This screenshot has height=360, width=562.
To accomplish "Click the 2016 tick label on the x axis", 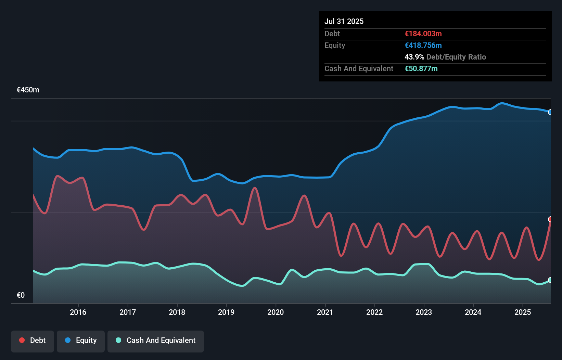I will coord(78,312).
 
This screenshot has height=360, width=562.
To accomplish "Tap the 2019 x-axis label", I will coord(226,312).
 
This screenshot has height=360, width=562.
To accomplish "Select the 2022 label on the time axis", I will coord(374,312).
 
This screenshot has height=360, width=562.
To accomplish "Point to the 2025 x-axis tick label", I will coord(523,312).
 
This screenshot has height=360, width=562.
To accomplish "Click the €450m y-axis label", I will coord(28,90).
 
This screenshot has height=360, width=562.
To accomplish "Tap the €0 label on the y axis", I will coord(21,295).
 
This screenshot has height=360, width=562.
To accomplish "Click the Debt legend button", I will coord(33,340).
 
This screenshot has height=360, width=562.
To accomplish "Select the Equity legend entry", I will coord(81,340).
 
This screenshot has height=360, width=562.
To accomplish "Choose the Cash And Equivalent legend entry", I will coord(156,340).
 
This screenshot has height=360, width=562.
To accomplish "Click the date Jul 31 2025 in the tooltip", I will coord(344,21).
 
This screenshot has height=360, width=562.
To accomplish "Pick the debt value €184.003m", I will coord(423,34).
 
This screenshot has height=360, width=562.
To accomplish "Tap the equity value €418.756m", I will coord(423,45).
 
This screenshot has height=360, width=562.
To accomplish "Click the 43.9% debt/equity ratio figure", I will coord(414,57).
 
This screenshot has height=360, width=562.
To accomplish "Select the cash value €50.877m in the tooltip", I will coord(421,68).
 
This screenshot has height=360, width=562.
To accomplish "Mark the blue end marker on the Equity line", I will coord(550,112).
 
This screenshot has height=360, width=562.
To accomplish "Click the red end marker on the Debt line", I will coord(550,219).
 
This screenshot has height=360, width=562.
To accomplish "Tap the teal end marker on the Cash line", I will coord(550,280).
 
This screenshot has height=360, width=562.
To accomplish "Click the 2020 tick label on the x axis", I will coord(276,312).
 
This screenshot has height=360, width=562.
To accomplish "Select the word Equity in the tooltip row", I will coord(335,45).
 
